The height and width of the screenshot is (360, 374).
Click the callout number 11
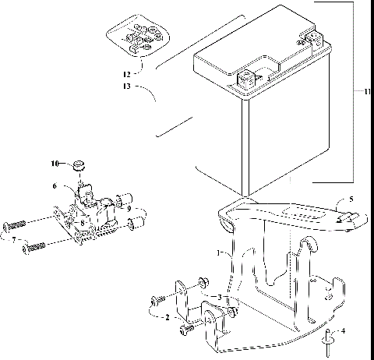tap(366, 92)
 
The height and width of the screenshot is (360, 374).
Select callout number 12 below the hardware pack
tap(127, 74)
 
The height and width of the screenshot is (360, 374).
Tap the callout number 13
tap(127, 87)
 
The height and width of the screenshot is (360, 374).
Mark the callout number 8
tap(81, 222)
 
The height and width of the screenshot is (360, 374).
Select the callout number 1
tap(220, 254)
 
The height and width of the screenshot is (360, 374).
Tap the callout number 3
tap(220, 298)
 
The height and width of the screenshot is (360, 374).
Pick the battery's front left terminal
tap(246, 78)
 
